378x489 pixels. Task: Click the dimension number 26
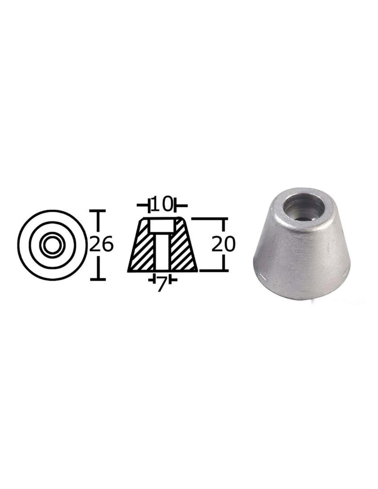(x=100, y=244)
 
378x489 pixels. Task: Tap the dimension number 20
(x=223, y=244)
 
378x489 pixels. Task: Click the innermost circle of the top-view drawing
(x=52, y=244)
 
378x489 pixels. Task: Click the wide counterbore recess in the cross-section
(x=162, y=226)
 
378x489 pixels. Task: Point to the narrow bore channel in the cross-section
(x=162, y=251)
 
